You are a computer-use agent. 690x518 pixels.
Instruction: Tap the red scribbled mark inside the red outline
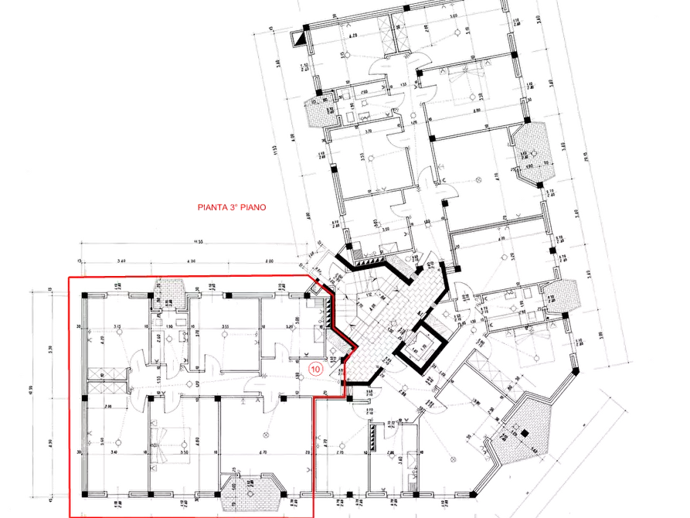pyautogui.click(x=314, y=370)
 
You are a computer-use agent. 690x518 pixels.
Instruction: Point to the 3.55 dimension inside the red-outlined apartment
pyautogui.click(x=224, y=328)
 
